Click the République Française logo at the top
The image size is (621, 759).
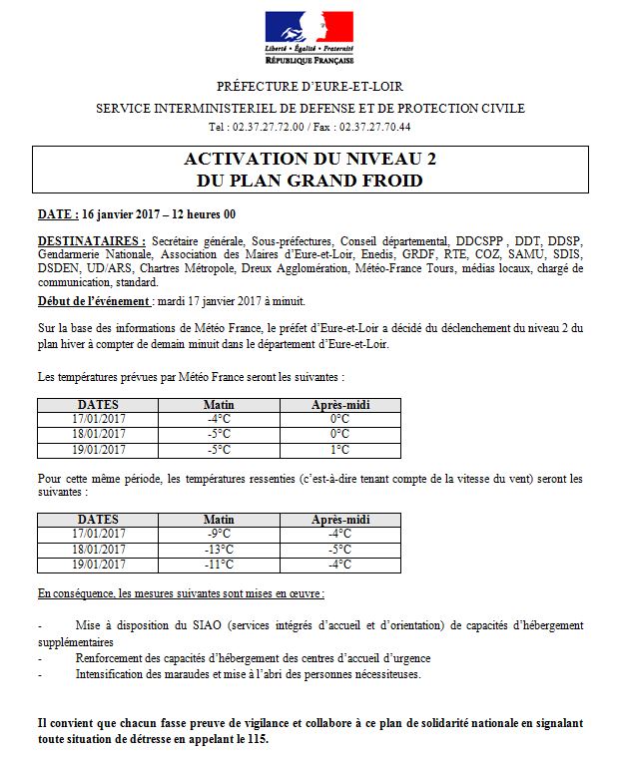[x=310, y=37]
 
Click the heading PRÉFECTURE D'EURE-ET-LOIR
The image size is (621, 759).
[x=310, y=87]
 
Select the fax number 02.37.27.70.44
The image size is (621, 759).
[x=374, y=128]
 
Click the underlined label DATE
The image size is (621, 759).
[x=56, y=214]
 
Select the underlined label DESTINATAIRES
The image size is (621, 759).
[x=90, y=241]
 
